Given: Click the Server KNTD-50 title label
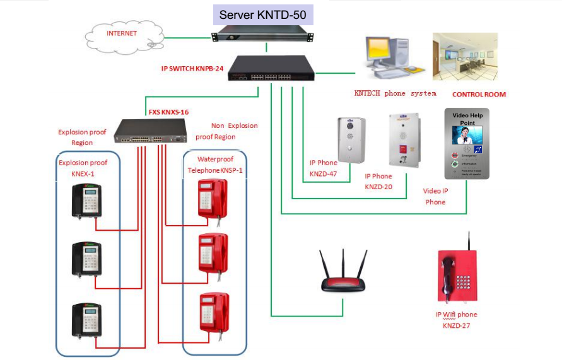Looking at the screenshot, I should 263,15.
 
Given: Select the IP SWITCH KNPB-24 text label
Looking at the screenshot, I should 192,68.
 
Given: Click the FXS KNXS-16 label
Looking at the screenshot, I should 168,112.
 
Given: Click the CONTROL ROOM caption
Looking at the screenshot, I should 479,95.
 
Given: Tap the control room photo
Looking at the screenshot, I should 464,57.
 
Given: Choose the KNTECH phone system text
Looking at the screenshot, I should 395,93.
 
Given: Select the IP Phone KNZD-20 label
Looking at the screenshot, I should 378,181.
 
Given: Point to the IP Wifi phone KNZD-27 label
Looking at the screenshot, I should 456,320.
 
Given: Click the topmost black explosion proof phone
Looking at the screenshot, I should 86,200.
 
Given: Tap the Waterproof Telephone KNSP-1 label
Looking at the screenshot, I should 214,165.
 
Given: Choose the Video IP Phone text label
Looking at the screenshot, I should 435,196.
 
